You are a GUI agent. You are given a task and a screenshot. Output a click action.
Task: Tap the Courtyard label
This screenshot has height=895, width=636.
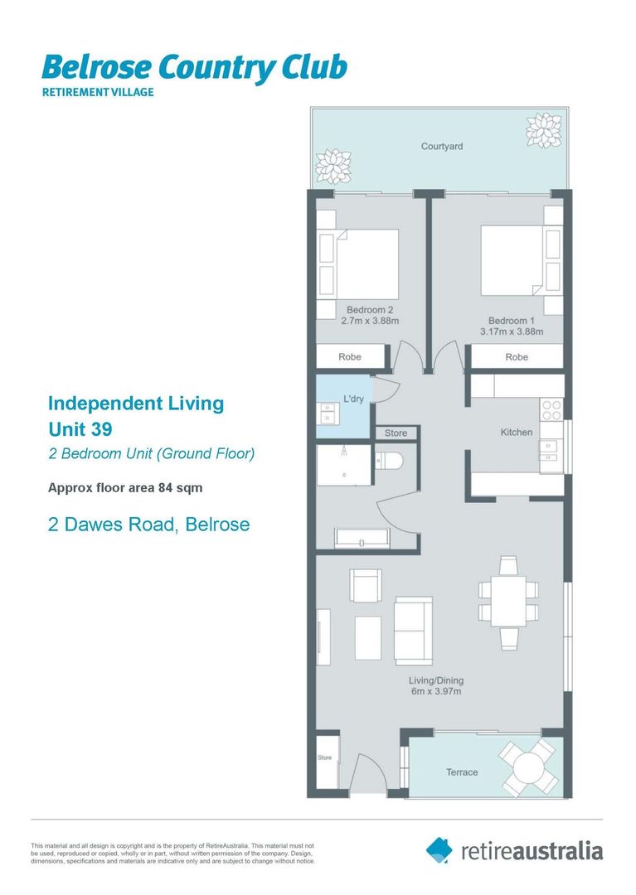(442, 147)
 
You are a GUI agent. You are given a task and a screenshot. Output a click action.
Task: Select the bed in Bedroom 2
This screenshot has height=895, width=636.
(365, 263)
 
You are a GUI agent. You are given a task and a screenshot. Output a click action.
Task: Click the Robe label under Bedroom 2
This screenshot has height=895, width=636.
(350, 357)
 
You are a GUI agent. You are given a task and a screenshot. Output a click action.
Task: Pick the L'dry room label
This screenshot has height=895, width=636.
(354, 399)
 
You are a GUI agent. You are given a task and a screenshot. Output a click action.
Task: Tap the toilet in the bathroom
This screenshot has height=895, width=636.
(388, 460)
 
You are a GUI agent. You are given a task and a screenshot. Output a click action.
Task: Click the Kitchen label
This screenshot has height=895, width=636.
(516, 432)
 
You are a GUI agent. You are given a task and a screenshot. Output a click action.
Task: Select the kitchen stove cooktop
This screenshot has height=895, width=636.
(551, 409)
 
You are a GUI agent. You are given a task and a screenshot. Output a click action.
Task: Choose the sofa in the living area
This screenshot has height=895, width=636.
(413, 630)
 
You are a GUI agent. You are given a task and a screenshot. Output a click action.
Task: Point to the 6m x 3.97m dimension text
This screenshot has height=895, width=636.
(435, 692)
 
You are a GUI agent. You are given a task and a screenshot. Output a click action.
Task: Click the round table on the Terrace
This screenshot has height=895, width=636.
(528, 768)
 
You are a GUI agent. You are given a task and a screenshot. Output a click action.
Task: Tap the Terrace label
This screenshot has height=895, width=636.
(462, 772)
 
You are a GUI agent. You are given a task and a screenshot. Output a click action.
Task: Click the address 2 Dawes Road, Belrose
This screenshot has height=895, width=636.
(149, 525)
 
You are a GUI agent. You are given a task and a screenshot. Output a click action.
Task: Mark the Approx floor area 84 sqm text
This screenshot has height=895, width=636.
(125, 488)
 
